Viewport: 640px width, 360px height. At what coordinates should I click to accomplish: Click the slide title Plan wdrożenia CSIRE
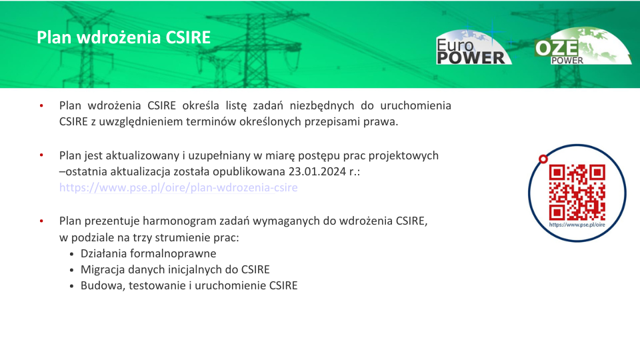(x=124, y=37)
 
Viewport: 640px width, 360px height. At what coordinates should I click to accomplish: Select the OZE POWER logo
(x=583, y=46)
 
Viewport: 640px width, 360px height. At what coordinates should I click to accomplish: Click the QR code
(x=577, y=192)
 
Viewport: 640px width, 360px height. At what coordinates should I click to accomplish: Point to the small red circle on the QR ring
(x=543, y=159)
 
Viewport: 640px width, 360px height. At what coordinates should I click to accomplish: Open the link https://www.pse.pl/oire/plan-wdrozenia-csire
(x=179, y=187)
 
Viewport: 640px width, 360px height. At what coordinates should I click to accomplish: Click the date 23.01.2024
(x=317, y=171)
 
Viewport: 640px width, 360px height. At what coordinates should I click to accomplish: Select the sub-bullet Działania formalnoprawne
(x=148, y=253)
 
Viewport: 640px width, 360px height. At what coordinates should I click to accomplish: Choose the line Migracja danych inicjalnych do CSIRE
(x=175, y=269)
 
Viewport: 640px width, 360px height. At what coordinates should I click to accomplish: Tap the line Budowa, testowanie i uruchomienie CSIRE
(x=189, y=285)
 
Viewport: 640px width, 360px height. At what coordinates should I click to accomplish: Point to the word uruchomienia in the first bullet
(x=415, y=105)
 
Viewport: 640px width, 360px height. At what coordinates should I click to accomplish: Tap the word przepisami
(x=332, y=122)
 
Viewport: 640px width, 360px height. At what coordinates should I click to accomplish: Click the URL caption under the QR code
(x=577, y=225)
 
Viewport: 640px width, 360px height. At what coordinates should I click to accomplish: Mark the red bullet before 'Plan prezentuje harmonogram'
(x=41, y=221)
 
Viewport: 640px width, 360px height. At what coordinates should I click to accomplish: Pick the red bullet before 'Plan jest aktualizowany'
(x=41, y=155)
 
